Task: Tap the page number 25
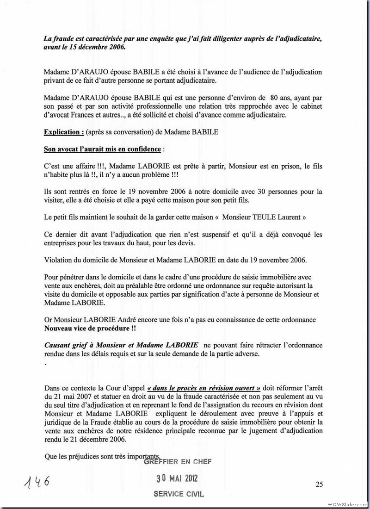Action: pyautogui.click(x=319, y=484)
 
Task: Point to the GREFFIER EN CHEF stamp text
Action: pyautogui.click(x=178, y=461)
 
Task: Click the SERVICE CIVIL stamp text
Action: pyautogui.click(x=179, y=494)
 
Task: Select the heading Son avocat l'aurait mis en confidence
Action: pyautogui.click(x=103, y=149)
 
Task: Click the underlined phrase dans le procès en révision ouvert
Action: pyautogui.click(x=203, y=388)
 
